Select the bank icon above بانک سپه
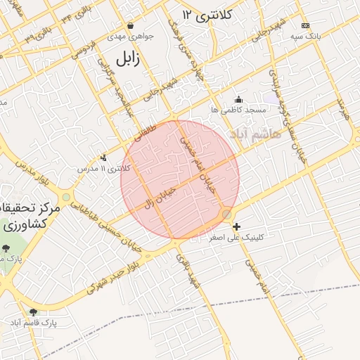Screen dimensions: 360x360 click(304, 25)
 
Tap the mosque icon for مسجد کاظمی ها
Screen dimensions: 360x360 click(238, 99)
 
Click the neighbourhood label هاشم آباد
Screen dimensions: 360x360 click(254, 133)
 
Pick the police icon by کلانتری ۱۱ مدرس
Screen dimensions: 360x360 click(104, 158)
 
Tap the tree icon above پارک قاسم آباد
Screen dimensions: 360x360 click(33, 311)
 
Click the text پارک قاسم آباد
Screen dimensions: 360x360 click(33, 322)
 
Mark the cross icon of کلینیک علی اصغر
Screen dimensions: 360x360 click(236, 226)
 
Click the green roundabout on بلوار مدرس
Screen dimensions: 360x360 click(65, 198)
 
